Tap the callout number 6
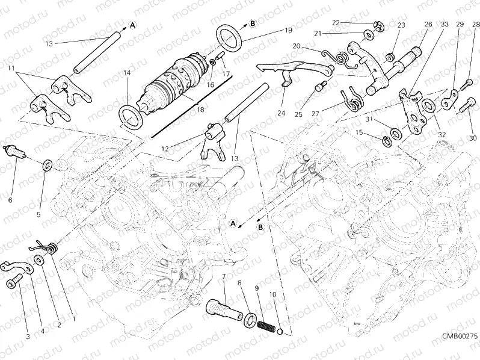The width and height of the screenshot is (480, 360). [x=8, y=199]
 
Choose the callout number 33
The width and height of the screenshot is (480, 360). [x=445, y=24]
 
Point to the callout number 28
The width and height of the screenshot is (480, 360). [x=476, y=24]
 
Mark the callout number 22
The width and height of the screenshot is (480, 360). [x=336, y=22]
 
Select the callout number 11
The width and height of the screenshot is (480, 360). [x=10, y=70]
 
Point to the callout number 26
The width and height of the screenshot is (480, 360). [x=428, y=24]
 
